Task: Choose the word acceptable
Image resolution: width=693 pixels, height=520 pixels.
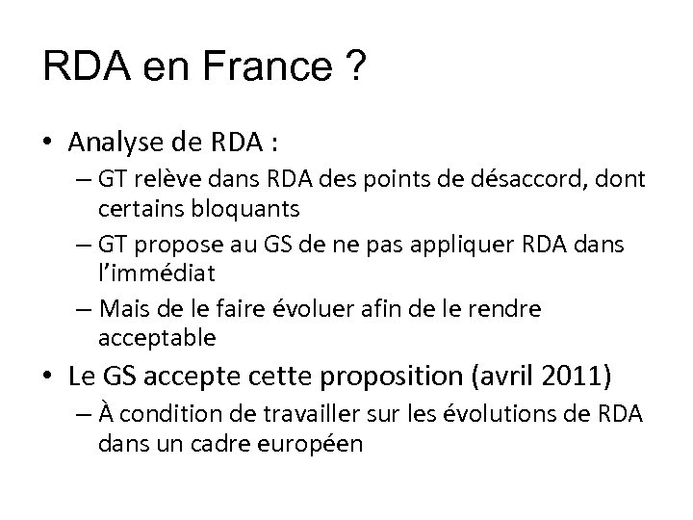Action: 157,338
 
